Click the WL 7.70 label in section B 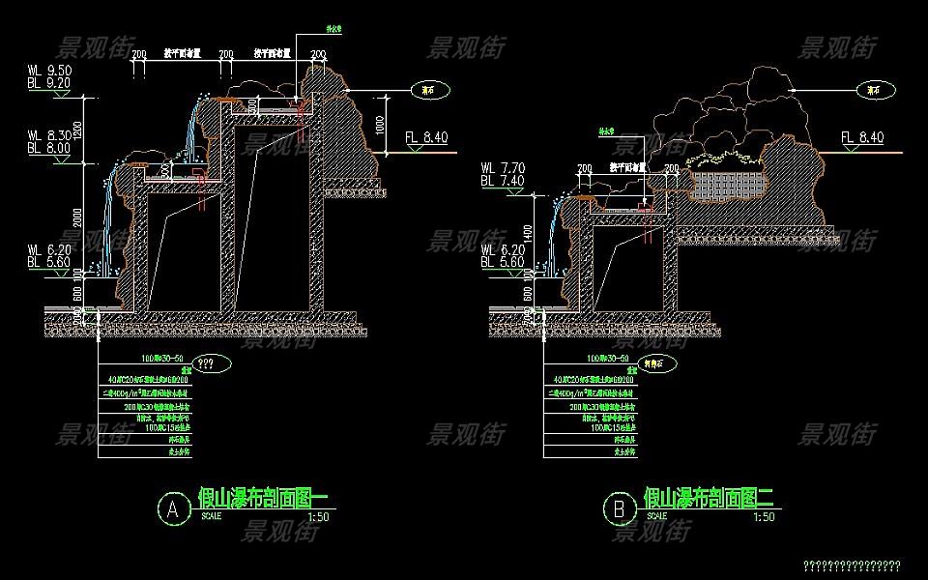pos(503,167)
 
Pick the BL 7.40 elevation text pos(503,180)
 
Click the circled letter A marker pos(174,508)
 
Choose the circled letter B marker pos(617,508)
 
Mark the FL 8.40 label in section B pos(862,138)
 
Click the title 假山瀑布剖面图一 pos(262,497)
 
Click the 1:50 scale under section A pos(316,516)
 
